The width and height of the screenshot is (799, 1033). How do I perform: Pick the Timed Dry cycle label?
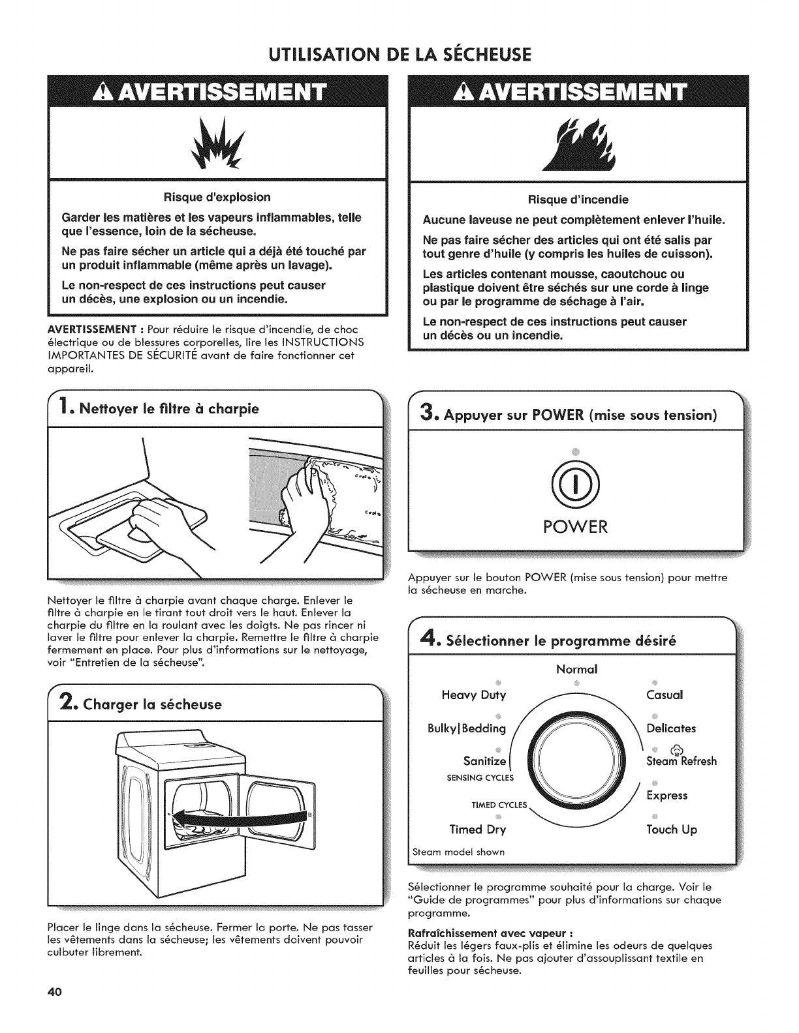[x=477, y=830]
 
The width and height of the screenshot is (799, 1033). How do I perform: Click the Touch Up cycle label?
[x=671, y=830]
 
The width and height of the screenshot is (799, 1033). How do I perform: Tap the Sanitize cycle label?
[x=484, y=761]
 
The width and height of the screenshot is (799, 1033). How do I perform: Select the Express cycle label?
[x=666, y=796]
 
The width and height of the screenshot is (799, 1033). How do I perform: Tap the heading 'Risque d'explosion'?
[x=216, y=197]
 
